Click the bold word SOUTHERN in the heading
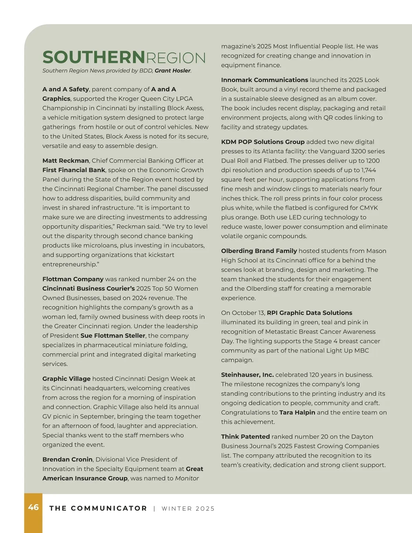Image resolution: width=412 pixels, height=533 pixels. point(94,57)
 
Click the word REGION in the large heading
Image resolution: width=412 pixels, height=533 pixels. point(175,58)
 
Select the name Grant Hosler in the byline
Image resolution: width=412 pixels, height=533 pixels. point(172,71)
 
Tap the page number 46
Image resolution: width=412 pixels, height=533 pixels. point(33,507)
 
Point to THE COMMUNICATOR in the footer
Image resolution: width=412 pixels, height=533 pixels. point(98,508)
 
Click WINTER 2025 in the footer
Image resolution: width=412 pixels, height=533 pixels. point(188,509)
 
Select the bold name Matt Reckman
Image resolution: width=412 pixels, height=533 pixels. point(66,161)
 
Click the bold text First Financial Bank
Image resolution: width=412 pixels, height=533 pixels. point(74,170)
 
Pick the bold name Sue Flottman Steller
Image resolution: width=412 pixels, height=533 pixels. point(113,336)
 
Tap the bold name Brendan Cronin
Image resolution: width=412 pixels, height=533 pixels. point(68,459)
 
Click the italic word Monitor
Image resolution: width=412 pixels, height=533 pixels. point(187,478)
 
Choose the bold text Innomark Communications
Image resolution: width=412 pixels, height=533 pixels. point(264,80)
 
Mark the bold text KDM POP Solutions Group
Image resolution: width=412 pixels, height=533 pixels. point(263,142)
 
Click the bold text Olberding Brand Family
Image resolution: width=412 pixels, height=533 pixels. point(259,251)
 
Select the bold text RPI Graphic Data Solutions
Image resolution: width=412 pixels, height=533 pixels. point(309,313)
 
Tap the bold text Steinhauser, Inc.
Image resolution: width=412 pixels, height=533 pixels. point(247,375)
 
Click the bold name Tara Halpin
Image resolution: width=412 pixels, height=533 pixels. point(297,413)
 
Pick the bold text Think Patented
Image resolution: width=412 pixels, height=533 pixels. point(245,437)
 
